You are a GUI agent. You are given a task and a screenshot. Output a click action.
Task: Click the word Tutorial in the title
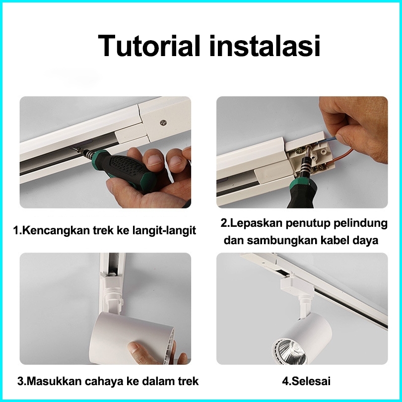(148, 46)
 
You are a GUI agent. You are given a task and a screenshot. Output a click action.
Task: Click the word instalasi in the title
(265, 46)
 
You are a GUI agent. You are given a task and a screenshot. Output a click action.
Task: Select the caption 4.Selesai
(306, 381)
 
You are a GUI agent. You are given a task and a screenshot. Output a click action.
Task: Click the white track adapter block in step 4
(297, 285)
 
